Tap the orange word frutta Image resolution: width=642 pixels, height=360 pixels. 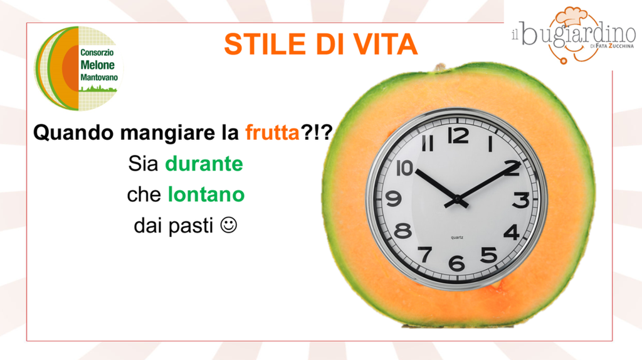click(272, 133)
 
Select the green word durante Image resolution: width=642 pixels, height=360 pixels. click(204, 164)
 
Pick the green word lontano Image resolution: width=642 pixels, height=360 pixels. click(206, 194)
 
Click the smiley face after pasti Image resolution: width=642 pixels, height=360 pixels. click(228, 225)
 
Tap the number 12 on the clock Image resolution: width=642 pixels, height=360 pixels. click(458, 135)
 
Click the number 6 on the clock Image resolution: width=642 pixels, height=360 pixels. click(456, 263)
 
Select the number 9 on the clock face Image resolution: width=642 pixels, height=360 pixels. click(394, 199)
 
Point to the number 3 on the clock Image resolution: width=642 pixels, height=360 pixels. click(521, 200)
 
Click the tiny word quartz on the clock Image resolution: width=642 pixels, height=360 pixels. click(457, 238)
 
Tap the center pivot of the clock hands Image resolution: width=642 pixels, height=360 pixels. click(457, 199)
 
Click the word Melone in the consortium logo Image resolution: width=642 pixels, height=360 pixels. click(97, 65)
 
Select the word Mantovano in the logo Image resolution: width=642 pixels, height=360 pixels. click(98, 77)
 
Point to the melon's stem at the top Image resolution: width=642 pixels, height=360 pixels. click(441, 66)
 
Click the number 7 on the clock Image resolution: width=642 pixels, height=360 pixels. click(425, 255)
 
